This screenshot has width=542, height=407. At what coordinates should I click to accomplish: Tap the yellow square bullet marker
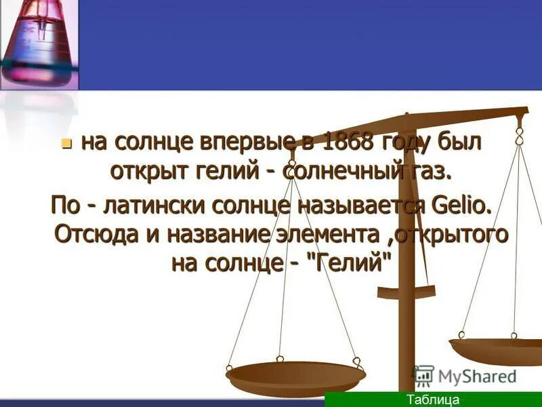[x=66, y=144]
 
